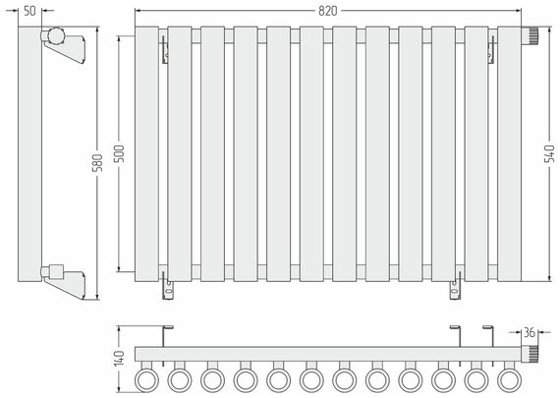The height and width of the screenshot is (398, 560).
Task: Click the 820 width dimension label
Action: pos(327,11)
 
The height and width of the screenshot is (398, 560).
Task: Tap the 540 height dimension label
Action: pos(549,153)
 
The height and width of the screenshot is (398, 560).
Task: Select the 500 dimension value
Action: pos(119,153)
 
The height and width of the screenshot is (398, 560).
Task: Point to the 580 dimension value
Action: pos(97,162)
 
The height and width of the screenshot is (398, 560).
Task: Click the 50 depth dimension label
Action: pos(30,11)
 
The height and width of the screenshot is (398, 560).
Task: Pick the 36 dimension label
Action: pos(530,332)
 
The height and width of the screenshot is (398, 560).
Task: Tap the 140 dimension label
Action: pos(119,358)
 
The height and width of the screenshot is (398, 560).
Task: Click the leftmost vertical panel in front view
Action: pos(146,154)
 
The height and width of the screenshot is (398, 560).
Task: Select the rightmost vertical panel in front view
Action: pos(509,154)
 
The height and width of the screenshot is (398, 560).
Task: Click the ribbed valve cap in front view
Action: pos(530,35)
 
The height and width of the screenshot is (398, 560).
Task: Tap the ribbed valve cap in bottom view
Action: pos(530,354)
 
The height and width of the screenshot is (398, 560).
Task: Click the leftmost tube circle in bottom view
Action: pos(146,380)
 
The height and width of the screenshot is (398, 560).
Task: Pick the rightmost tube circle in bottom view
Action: pos(509,380)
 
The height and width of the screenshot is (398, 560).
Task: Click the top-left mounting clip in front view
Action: pos(165,49)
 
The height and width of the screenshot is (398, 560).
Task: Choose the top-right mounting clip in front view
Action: pos(492,49)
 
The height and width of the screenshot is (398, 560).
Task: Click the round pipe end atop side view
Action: pos(56,35)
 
